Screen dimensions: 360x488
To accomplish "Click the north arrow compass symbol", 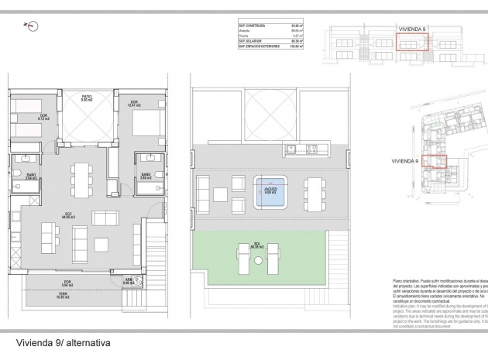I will [x=32, y=26].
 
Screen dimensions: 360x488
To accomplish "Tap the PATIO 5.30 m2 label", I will [x=88, y=98].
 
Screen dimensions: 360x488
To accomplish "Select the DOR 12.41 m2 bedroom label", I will [x=133, y=105].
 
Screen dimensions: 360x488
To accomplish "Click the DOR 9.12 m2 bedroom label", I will [x=43, y=118].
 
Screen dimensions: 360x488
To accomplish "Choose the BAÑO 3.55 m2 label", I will [x=145, y=177].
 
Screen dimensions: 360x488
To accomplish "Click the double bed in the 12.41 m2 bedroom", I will [x=146, y=124].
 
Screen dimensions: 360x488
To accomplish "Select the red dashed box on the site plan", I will [x=435, y=161].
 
